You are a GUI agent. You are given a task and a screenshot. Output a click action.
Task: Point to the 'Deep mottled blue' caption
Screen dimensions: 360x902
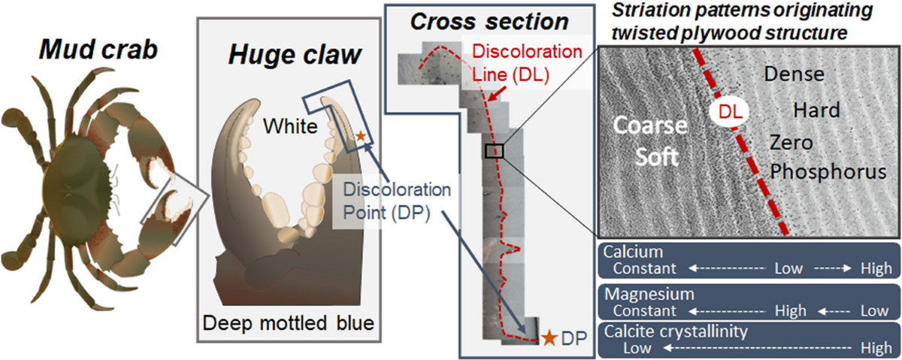[288, 323]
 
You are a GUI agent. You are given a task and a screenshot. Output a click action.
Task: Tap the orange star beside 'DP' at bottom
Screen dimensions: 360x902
[550, 338]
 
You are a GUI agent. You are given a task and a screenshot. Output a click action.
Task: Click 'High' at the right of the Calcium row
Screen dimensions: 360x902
[876, 268]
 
